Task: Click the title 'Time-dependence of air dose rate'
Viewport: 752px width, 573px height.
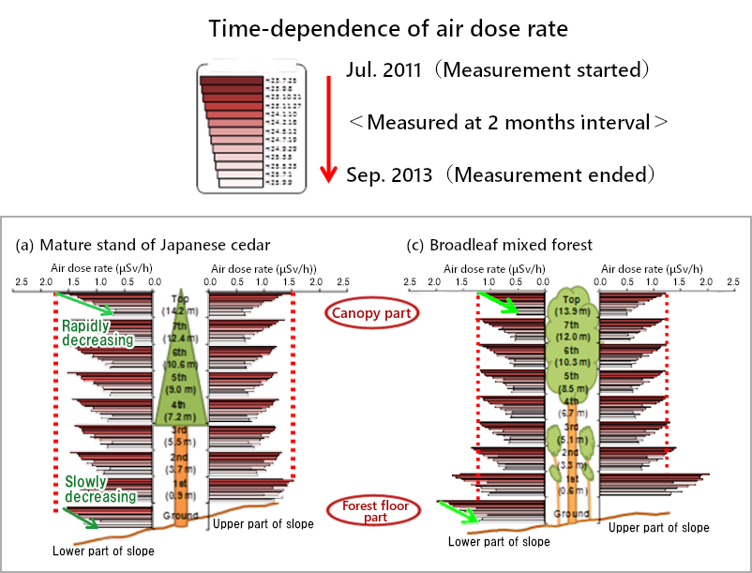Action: [x=388, y=28]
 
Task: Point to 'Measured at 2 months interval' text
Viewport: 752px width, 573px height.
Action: [x=507, y=122]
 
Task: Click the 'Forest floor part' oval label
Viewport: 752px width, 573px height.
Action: [x=373, y=512]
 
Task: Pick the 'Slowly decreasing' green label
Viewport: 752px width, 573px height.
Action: [x=99, y=489]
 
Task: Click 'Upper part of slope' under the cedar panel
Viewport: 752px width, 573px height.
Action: [x=263, y=523]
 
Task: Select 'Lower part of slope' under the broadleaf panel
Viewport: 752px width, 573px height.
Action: [x=499, y=541]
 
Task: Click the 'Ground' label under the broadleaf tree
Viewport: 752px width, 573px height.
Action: [x=570, y=514]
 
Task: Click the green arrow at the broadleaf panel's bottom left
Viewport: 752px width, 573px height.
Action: [x=460, y=511]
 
